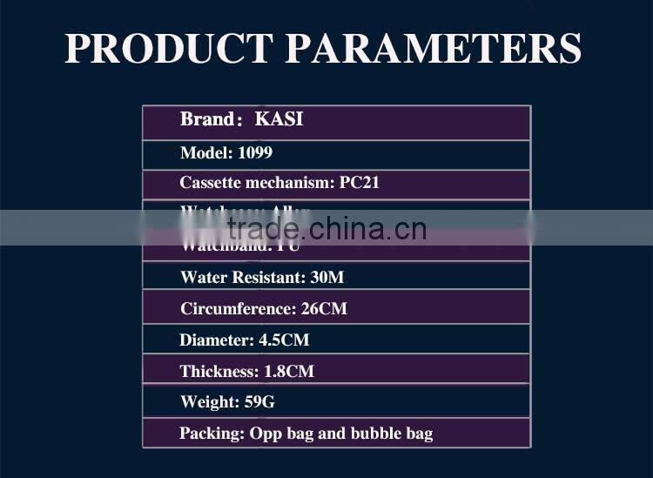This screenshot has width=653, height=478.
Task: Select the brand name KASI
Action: [x=279, y=119]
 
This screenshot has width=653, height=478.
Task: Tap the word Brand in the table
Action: [x=205, y=119]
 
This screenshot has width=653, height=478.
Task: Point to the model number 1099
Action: [x=254, y=153]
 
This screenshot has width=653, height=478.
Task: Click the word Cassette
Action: [x=209, y=183]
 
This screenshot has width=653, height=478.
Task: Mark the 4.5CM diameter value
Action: [x=284, y=340]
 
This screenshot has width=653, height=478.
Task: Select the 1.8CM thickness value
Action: [x=289, y=372]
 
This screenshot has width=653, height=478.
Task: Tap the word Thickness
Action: [x=219, y=372]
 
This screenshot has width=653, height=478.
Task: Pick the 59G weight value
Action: [x=263, y=402]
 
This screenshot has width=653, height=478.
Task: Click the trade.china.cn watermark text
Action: [x=326, y=229]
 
